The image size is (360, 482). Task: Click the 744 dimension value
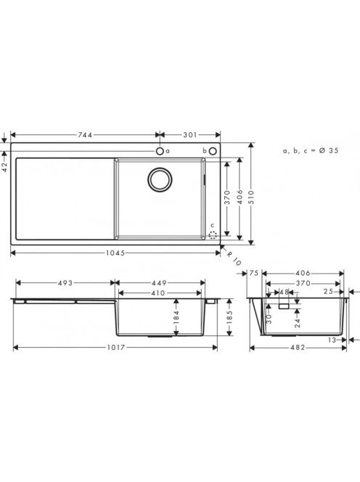click(x=85, y=135)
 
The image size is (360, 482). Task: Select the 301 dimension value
click(x=190, y=135)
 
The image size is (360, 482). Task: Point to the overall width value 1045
click(x=115, y=253)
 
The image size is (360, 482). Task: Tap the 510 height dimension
click(x=251, y=197)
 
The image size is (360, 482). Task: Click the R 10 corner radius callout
click(x=234, y=258)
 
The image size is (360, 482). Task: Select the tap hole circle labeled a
click(x=160, y=151)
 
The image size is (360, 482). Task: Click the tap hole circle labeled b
click(x=213, y=151)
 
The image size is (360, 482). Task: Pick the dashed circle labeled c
click(x=213, y=235)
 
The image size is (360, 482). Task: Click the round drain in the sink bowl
click(x=160, y=179)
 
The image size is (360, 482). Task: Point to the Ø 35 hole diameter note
click(x=328, y=151)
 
